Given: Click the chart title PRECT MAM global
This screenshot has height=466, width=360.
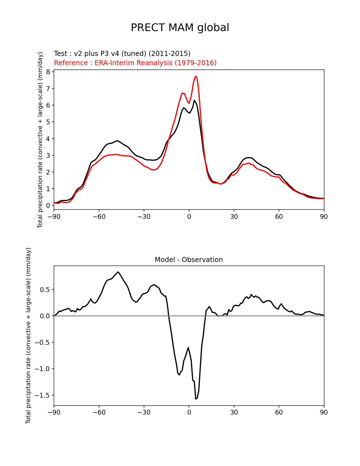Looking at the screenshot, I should point(180,28).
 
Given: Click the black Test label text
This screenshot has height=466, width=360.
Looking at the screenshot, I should point(122,53).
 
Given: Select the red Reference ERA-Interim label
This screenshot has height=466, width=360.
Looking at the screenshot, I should point(135,63).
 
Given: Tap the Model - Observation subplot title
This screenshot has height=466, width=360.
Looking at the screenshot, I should point(189,260).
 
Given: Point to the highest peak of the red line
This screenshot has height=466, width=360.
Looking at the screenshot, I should point(196,76).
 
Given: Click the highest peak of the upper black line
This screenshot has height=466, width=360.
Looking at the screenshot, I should point(194,100).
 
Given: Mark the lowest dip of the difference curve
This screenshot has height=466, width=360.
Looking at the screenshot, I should point(196,399).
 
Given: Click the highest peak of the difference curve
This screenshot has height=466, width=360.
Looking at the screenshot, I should point(118,272).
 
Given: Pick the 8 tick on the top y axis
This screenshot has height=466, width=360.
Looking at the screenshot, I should point(48,72).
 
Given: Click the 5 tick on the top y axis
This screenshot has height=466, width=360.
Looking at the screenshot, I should point(48,122).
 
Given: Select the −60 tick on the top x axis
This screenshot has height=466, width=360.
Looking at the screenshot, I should point(99,217).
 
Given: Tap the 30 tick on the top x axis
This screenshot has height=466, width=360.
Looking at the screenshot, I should point(234,217).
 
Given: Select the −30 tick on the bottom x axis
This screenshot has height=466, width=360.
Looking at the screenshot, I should point(144,412).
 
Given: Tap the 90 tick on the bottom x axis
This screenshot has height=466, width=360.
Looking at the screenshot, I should point(324,412).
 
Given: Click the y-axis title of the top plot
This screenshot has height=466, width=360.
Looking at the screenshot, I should point(40,140).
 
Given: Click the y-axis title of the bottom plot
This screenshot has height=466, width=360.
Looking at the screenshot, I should point(29,336).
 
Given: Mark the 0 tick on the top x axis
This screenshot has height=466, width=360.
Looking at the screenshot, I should point(189,217).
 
